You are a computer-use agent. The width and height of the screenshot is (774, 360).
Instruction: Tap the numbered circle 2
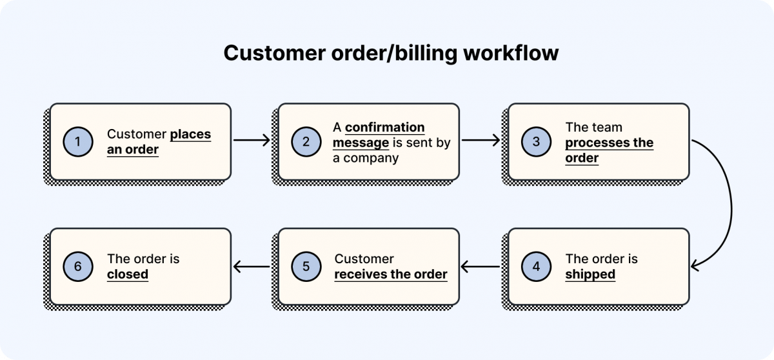click(306, 142)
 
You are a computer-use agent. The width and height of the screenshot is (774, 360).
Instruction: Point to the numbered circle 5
click(306, 266)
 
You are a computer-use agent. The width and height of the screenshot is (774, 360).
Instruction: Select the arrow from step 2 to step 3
click(481, 139)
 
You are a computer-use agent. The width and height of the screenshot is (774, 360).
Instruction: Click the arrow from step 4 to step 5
click(481, 266)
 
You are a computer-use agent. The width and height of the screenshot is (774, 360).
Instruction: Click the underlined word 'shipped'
click(590, 274)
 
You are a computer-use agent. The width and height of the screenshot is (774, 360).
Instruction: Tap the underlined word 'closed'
click(128, 274)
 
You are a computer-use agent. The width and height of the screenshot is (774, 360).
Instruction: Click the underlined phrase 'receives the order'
click(390, 274)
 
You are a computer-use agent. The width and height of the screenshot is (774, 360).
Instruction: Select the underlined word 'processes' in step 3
click(591, 143)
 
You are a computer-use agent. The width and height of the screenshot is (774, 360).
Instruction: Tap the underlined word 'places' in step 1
click(190, 134)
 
